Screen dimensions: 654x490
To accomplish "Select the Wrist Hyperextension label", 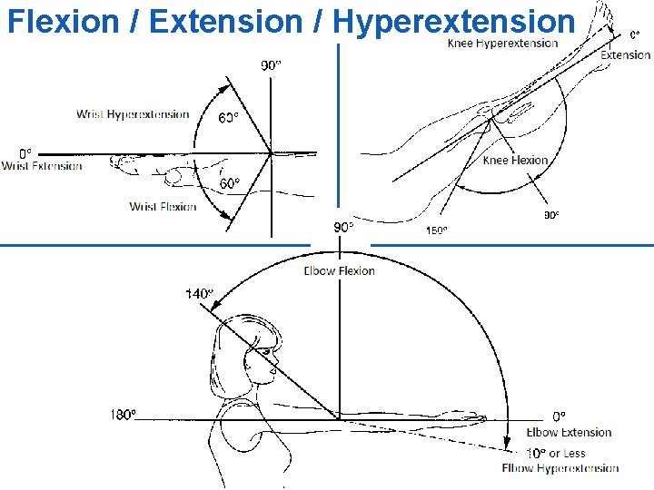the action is click(133, 114).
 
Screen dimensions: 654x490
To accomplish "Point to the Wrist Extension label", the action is click(42, 166).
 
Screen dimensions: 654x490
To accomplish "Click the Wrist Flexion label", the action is click(163, 207).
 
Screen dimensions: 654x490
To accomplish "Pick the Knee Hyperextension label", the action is click(502, 44).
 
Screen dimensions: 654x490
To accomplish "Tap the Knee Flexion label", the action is click(515, 161).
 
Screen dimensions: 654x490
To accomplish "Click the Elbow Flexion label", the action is click(339, 270).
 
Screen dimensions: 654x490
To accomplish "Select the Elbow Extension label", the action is click(569, 433).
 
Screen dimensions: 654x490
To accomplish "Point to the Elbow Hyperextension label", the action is click(560, 468).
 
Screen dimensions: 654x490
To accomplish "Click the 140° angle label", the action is click(199, 293).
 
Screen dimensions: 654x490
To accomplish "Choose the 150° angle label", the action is click(437, 230).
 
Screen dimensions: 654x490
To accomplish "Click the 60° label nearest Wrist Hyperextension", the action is click(228, 118).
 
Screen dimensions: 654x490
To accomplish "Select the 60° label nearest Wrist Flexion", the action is click(231, 183).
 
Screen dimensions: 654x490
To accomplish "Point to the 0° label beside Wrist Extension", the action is click(25, 152).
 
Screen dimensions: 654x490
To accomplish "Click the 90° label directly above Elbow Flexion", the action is click(343, 227).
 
